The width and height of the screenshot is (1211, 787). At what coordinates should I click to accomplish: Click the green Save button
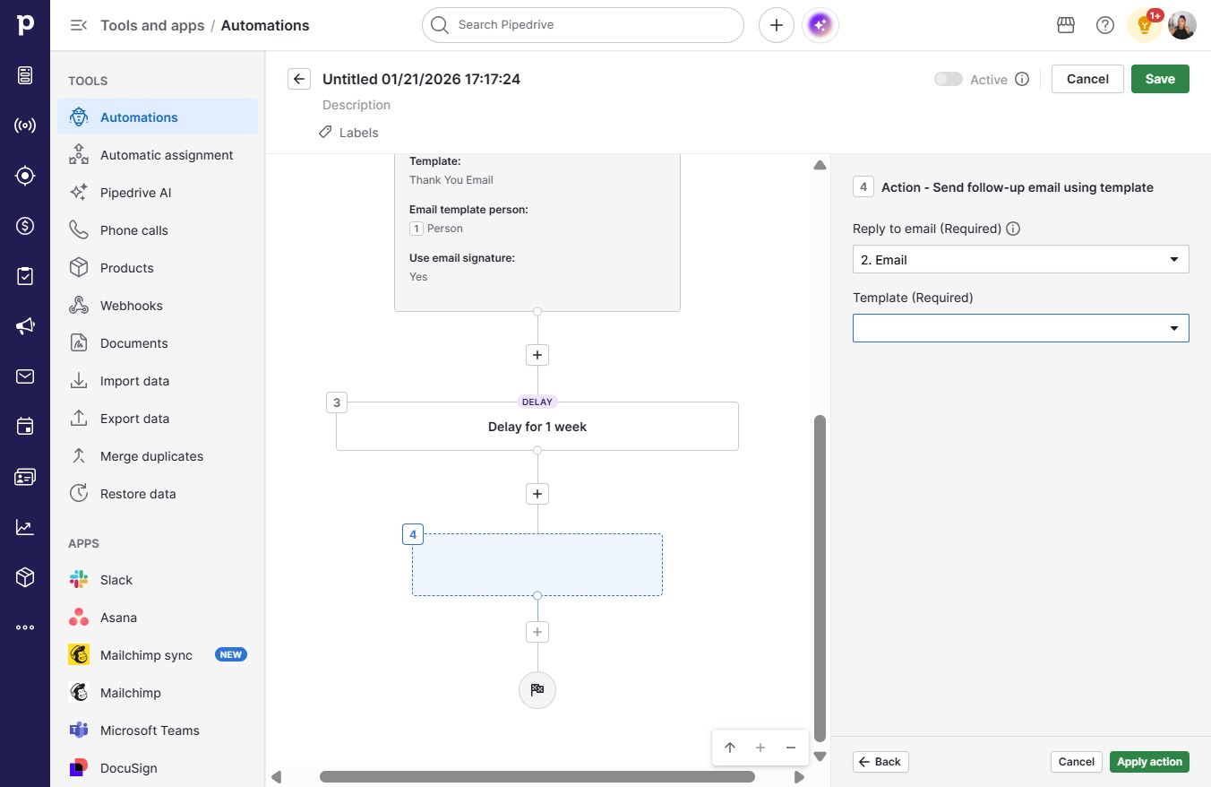(1160, 79)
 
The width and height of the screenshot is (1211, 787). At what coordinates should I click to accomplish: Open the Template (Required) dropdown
(1020, 328)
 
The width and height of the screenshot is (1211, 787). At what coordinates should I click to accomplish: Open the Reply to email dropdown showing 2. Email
(1020, 259)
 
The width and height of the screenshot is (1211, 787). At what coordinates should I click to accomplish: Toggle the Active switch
(948, 79)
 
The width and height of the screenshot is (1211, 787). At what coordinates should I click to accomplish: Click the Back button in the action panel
(880, 762)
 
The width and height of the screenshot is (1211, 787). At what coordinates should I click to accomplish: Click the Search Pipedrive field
(582, 25)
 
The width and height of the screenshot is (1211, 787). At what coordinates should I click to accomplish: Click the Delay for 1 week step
(537, 427)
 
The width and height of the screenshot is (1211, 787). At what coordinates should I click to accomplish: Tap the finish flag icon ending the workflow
(537, 689)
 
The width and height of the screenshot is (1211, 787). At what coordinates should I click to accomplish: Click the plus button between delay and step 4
(537, 494)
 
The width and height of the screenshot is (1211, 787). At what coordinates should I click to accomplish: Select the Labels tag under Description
(348, 133)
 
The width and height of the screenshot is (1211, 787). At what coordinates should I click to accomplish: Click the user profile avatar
(1181, 25)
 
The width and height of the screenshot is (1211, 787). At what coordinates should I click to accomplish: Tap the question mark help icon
(1104, 25)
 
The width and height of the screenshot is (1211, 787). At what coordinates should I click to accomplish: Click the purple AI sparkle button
(820, 25)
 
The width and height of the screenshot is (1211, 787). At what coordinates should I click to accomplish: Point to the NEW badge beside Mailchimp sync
(231, 654)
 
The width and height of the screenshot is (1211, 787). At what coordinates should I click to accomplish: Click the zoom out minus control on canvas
(790, 748)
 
